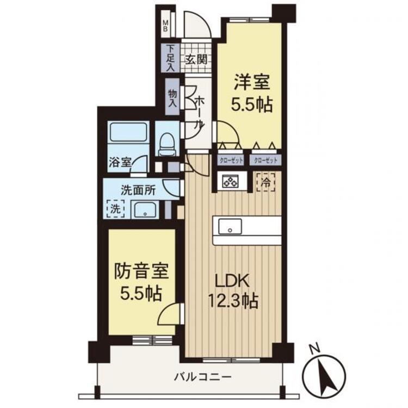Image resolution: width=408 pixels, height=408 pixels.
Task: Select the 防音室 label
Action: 141,271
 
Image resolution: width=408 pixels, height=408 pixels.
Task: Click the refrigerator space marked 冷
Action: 267,182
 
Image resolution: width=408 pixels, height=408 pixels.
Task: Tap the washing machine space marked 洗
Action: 115,207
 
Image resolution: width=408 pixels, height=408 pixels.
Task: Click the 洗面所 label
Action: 138,190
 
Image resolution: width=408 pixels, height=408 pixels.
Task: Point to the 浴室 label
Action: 119,162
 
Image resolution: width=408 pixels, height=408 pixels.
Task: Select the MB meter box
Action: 167,26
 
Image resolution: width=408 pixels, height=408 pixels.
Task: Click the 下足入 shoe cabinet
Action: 170,58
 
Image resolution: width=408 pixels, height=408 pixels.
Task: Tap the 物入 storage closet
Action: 172,97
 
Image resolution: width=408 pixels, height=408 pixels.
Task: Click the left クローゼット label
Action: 231,160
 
